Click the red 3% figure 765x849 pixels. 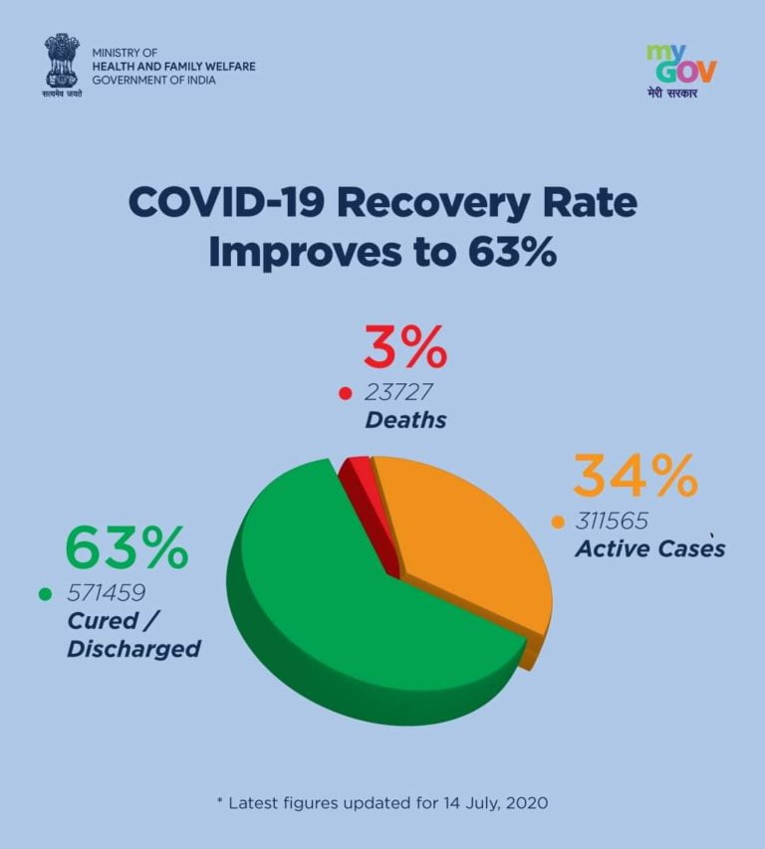[x=404, y=349]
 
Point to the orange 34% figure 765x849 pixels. [x=635, y=477]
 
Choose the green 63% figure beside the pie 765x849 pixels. [x=127, y=548]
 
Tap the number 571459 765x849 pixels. [x=108, y=593]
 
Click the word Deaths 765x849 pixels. [x=405, y=420]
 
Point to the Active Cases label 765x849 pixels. [x=649, y=549]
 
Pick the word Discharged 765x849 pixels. [x=134, y=649]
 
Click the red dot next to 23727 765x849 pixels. [x=346, y=392]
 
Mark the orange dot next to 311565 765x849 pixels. [x=558, y=521]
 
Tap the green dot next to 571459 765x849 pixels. [x=45, y=594]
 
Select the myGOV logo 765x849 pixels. [x=681, y=70]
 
